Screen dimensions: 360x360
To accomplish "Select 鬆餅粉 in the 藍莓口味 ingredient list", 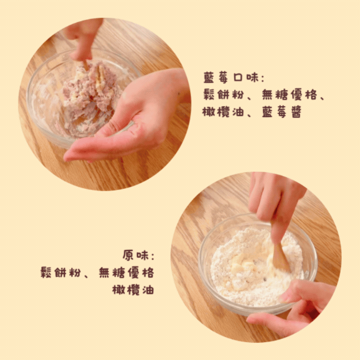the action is pyautogui.click(x=223, y=94).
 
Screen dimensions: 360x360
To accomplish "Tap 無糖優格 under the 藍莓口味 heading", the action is pyautogui.click(x=289, y=94).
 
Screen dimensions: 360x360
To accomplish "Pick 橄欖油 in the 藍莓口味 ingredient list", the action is pyautogui.click(x=223, y=112).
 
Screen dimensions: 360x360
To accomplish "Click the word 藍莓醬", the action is pyautogui.click(x=282, y=112).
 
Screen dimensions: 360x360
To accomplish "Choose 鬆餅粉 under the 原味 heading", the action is pyautogui.click(x=61, y=273).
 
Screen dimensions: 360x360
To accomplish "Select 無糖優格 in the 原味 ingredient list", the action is pyautogui.click(x=126, y=273).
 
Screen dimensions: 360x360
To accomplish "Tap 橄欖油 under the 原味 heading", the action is pyautogui.click(x=133, y=290).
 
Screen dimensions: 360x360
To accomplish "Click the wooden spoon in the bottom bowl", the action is pyautogui.click(x=280, y=255).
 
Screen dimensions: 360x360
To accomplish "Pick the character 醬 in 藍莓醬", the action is pyautogui.click(x=297, y=112).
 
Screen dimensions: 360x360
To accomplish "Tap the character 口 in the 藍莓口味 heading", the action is pyautogui.click(x=238, y=78).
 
